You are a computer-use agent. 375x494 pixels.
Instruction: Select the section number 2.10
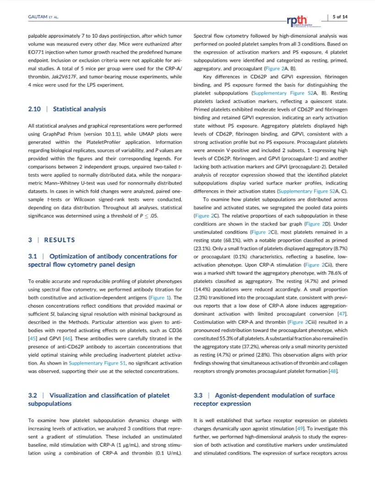coord(35,109)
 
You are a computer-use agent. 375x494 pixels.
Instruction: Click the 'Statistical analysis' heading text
coord(79,109)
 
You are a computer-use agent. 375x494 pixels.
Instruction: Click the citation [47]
coord(342,313)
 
